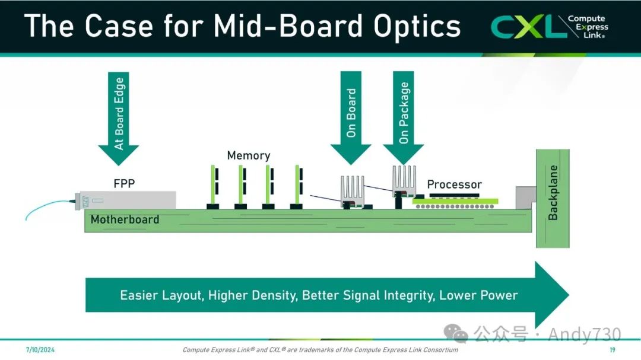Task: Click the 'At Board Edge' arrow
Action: pyautogui.click(x=119, y=116)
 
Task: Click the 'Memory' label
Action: pyautogui.click(x=249, y=155)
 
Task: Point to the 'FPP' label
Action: pyautogui.click(x=124, y=183)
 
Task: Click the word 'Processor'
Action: pyautogui.click(x=454, y=184)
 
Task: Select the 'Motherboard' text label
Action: pyautogui.click(x=125, y=219)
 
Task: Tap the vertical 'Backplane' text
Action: pyautogui.click(x=553, y=193)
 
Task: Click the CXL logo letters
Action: pyautogui.click(x=525, y=27)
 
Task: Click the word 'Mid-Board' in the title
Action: pyautogui.click(x=287, y=27)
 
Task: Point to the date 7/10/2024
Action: pyautogui.click(x=37, y=349)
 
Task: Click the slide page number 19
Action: pyautogui.click(x=612, y=349)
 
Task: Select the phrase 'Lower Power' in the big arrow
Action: pyautogui.click(x=478, y=295)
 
